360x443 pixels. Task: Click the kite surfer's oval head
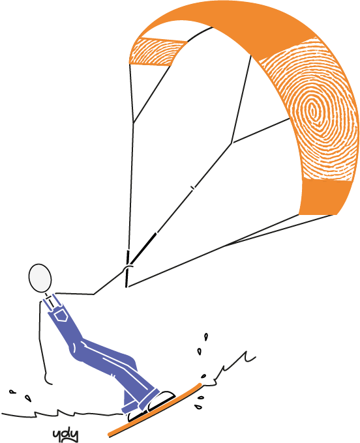click(x=40, y=278)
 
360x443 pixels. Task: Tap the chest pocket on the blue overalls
click(x=61, y=316)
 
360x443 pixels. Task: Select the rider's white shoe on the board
click(x=162, y=398)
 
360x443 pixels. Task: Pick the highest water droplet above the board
click(x=206, y=337)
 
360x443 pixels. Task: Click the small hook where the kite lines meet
click(x=128, y=268)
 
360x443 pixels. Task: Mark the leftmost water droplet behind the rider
click(x=12, y=392)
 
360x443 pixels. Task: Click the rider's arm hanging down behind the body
click(x=43, y=345)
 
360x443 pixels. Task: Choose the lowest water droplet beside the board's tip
click(x=199, y=407)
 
